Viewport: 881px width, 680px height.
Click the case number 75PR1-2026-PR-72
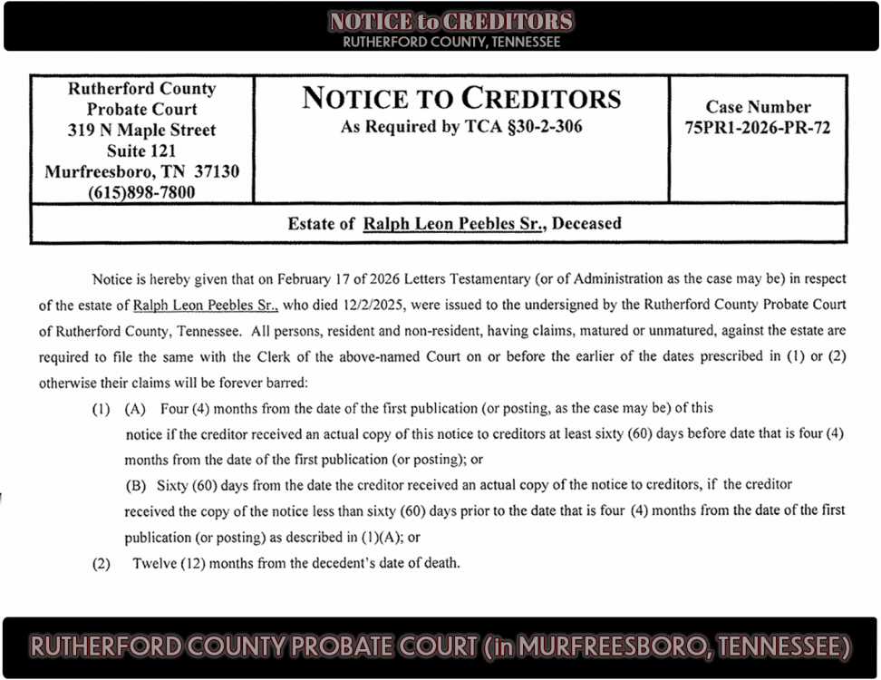758,129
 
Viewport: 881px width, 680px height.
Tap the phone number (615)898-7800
141,192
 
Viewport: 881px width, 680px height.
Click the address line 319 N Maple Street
141,131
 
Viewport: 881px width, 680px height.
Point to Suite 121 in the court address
141,151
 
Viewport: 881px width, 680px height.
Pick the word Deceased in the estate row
586,223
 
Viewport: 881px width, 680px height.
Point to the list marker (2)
101,563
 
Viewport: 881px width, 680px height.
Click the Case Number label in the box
758,107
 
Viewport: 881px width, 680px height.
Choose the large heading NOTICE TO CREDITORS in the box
461,98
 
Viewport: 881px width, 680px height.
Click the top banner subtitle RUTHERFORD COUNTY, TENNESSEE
450,42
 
